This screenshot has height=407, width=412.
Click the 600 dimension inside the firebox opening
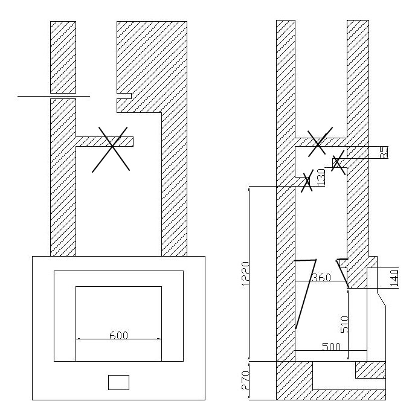pos(119,335)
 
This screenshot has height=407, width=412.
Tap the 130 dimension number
pos(321,177)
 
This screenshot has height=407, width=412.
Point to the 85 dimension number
pos(384,153)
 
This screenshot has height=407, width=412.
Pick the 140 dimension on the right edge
pos(394,279)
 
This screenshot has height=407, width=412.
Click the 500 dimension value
pos(330,347)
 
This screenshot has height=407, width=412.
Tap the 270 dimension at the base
pos(245,380)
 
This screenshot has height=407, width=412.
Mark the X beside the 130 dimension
pos(307,181)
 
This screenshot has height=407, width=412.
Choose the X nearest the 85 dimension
pos(338,162)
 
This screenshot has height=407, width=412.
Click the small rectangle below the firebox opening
pos(118,382)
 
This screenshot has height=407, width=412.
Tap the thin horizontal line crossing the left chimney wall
pos(53,96)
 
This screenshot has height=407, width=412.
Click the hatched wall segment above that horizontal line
pos(63,57)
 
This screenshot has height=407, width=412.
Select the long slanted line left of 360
pos(306,294)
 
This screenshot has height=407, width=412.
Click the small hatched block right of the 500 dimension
pos(370,369)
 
